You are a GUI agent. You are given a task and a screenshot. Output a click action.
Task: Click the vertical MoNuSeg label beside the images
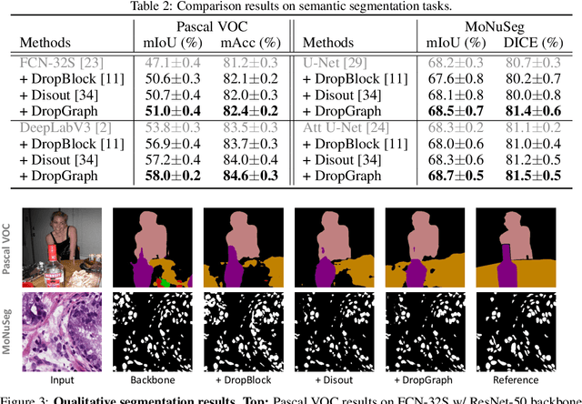8,333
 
